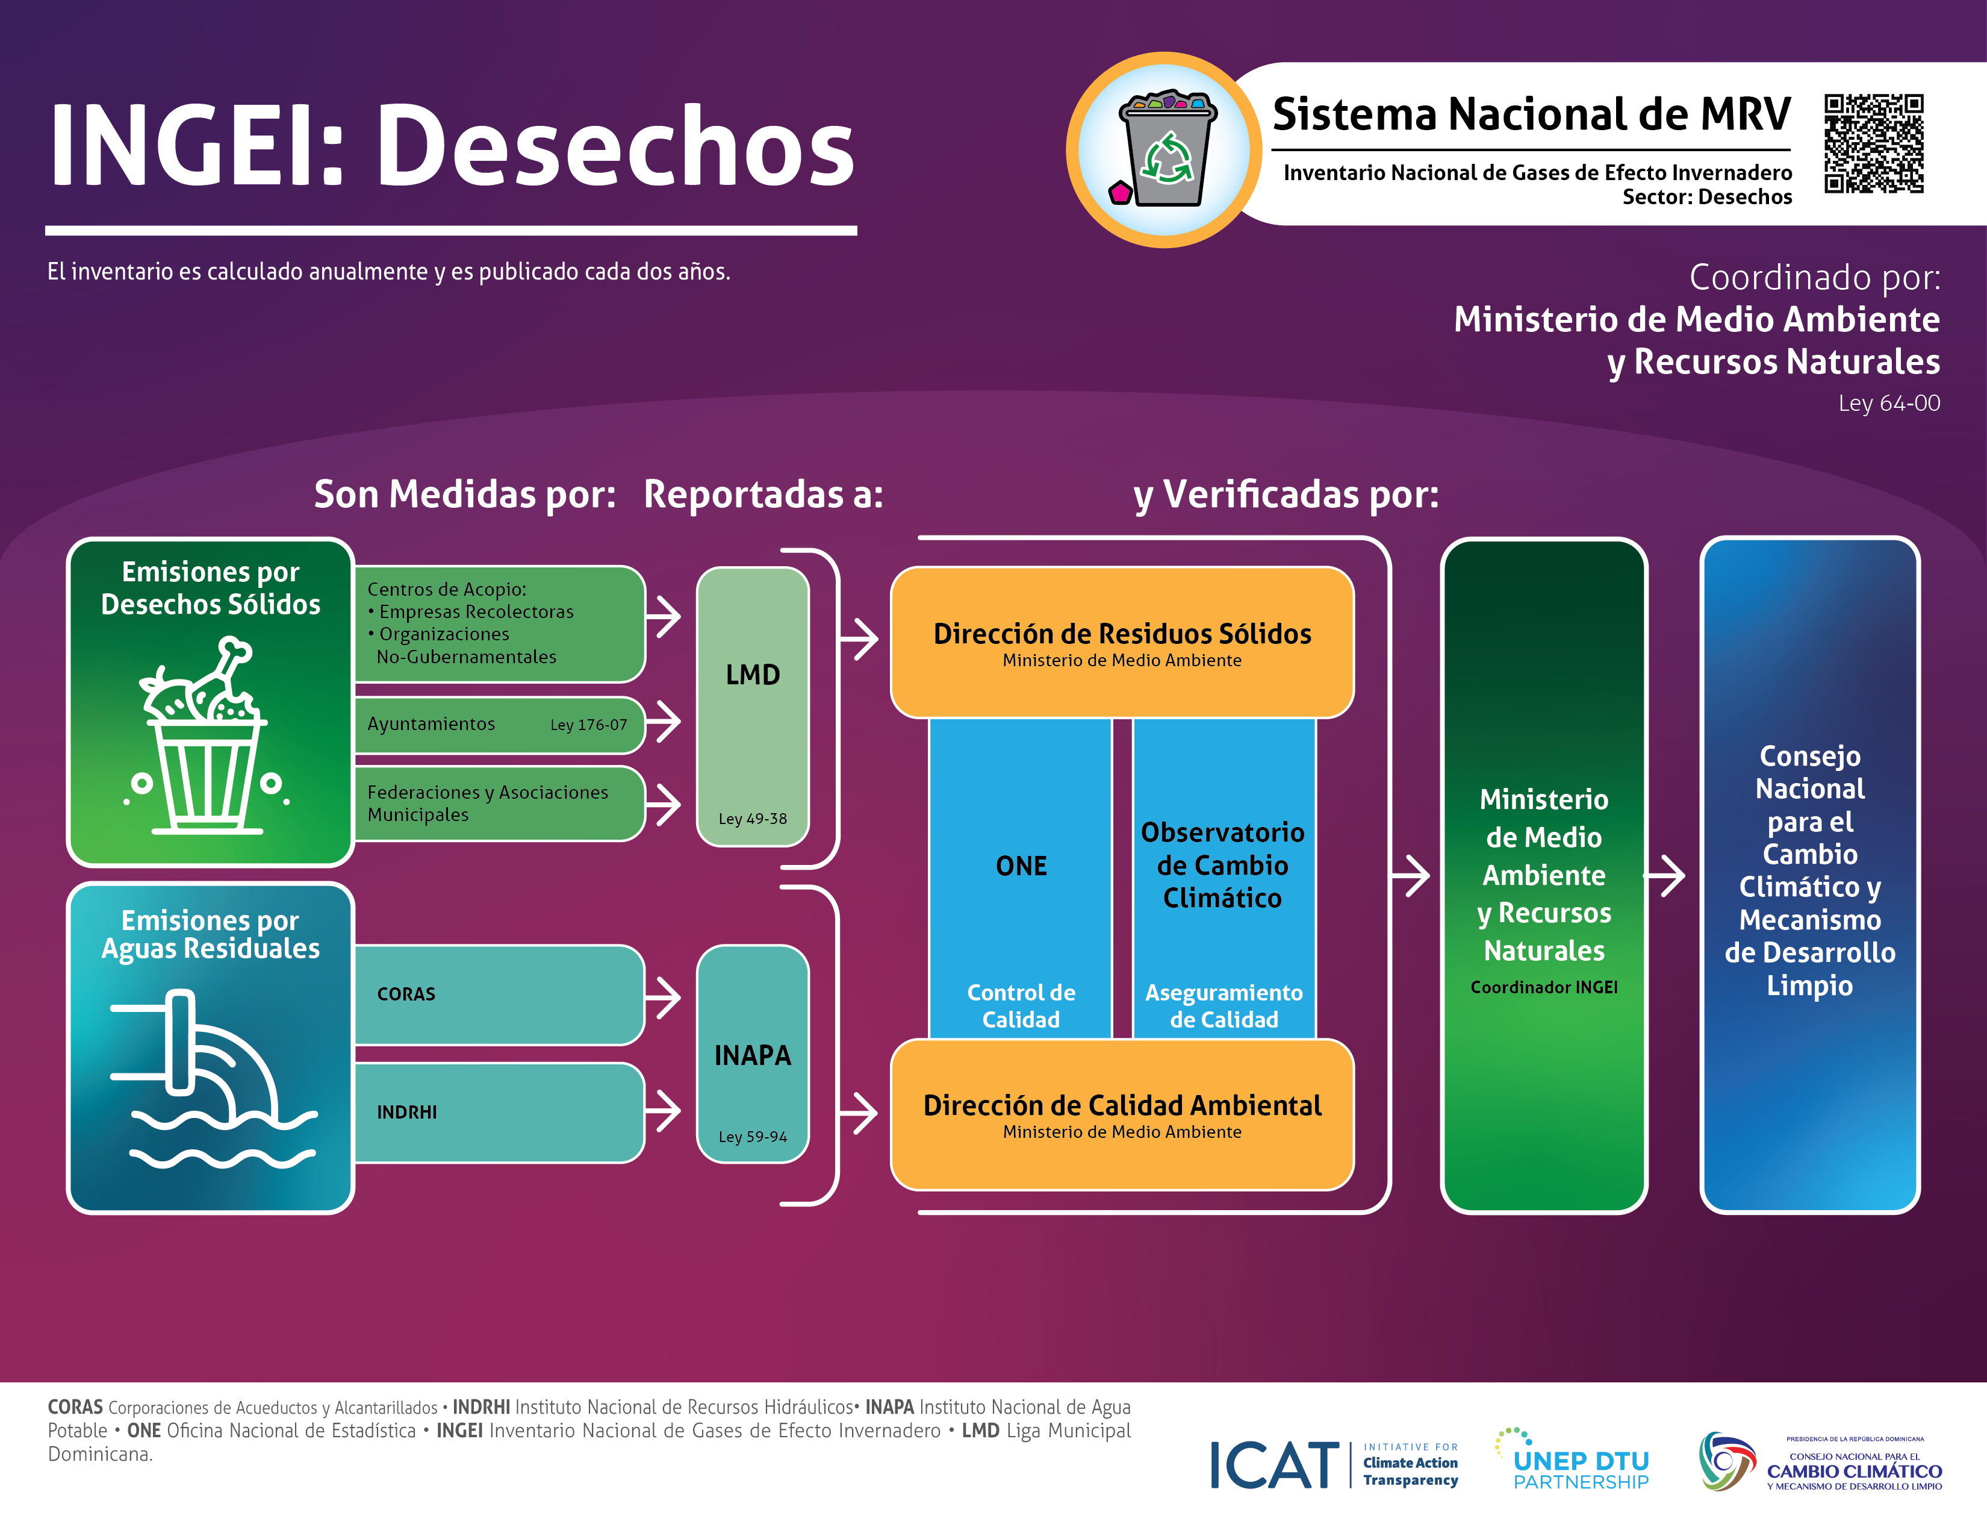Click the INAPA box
point(753,1054)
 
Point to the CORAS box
point(499,994)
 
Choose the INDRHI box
point(499,1112)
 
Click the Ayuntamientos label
point(431,724)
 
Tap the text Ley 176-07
point(589,725)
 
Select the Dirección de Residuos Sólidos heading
point(1122,634)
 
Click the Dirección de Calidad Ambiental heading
point(1122,1105)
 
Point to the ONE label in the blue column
point(1021,866)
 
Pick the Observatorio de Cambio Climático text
point(1223,866)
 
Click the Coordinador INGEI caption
point(1544,987)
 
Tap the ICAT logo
point(1334,1464)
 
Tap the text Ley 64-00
point(1889,403)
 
